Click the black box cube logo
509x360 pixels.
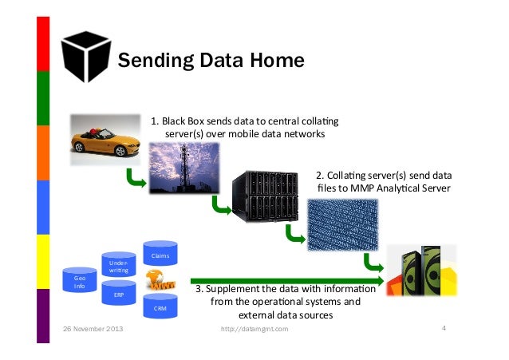(85, 56)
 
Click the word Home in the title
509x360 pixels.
(276, 61)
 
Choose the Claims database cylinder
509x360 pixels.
(160, 255)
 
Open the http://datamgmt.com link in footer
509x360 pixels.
(254, 329)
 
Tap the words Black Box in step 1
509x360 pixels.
(184, 121)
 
